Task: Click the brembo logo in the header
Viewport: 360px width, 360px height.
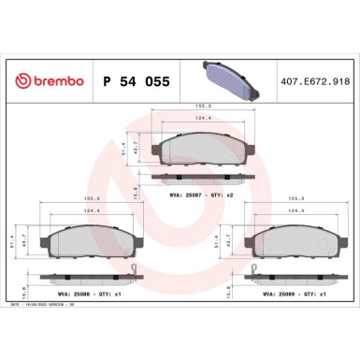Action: pos(46,81)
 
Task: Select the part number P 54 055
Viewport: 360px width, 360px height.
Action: pos(133,81)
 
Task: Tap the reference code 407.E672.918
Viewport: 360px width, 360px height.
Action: pos(319,81)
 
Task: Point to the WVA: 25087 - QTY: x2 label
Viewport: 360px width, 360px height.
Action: pos(204,196)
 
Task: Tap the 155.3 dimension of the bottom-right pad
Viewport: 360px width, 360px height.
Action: pos(295,199)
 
